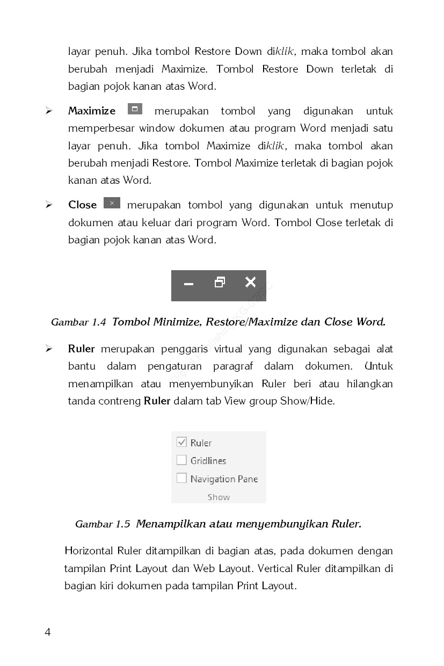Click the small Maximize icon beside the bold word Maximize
tap(135, 109)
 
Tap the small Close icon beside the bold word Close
tap(112, 203)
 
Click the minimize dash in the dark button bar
tap(188, 284)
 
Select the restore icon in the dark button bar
tap(220, 282)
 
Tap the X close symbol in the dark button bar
tap(250, 282)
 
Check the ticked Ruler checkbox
tap(181, 442)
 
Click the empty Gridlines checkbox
tap(181, 460)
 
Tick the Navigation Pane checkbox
tap(181, 478)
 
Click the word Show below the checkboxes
tap(219, 497)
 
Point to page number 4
tap(48, 632)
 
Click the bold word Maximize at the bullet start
tap(92, 111)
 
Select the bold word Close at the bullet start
tap(83, 205)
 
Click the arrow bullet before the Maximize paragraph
tap(49, 111)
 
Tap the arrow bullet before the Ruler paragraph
tap(49, 349)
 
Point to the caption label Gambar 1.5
tap(103, 524)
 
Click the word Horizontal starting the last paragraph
tap(89, 551)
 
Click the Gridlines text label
tap(208, 461)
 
